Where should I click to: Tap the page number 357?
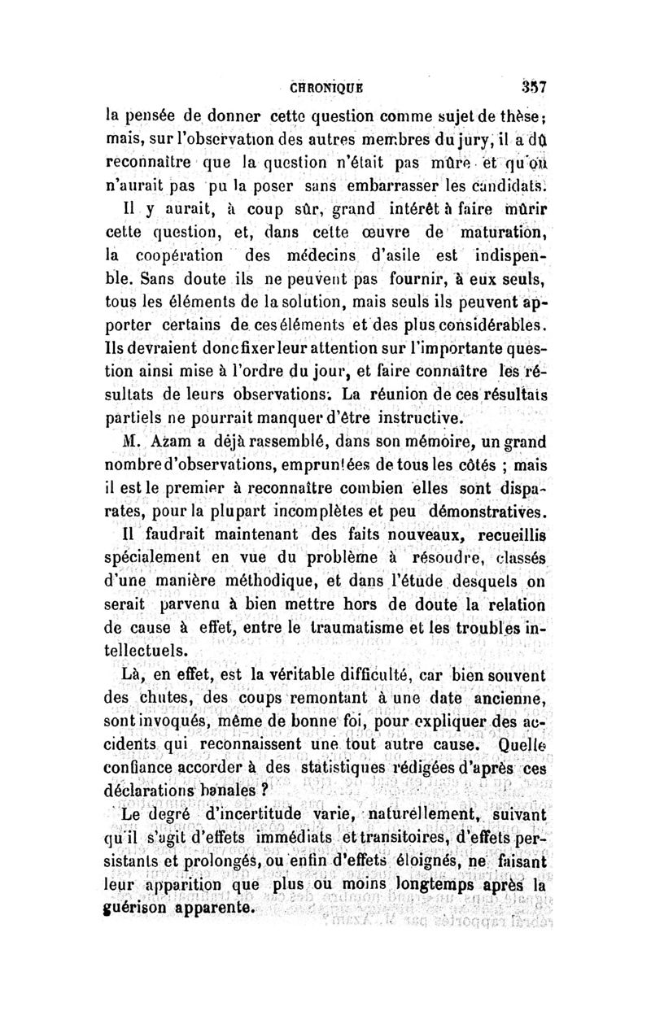(x=529, y=85)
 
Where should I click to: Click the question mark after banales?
(x=265, y=790)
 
